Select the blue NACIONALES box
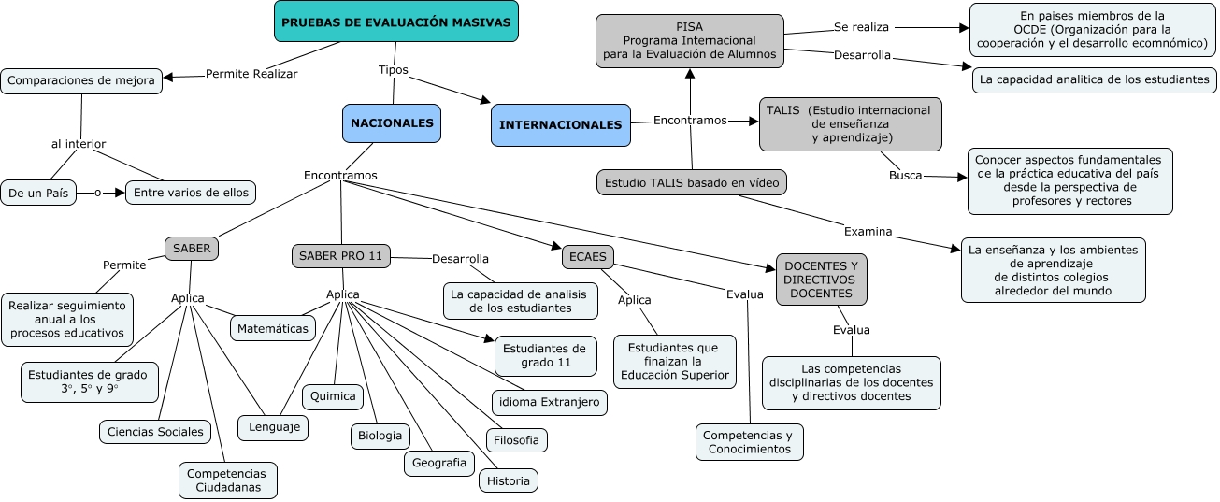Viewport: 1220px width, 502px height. pos(392,122)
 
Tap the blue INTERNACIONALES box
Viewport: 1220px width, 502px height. pos(561,125)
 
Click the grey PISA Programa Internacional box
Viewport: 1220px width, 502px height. pos(690,41)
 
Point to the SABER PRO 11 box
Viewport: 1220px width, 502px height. pos(341,255)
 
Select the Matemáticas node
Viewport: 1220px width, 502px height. pos(273,329)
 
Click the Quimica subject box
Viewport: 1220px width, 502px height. pos(333,396)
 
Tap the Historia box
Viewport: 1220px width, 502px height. pos(509,481)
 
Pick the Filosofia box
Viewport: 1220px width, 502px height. pos(517,440)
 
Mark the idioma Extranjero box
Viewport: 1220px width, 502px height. pos(551,403)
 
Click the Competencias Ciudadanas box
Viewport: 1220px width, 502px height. pos(226,480)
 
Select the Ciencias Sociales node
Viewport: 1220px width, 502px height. pos(155,432)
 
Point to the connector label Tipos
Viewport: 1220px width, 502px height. pos(393,70)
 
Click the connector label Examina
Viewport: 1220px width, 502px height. pos(868,231)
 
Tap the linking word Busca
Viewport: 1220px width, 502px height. pos(905,175)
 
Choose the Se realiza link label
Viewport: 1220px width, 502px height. pos(861,27)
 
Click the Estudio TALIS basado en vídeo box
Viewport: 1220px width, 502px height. pos(691,182)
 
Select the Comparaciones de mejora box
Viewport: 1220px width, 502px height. pos(81,80)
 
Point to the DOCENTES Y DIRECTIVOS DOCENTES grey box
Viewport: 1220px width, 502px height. pos(821,280)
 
